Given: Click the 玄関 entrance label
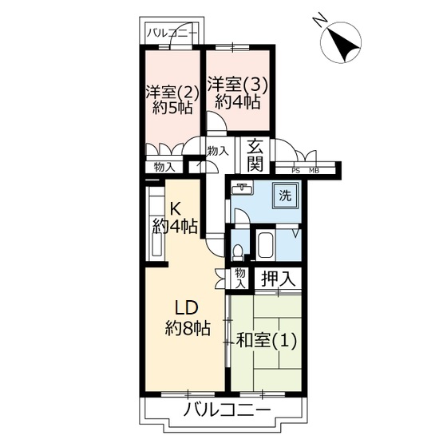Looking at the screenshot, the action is tap(255, 156).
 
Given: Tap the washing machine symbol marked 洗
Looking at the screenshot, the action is tap(286, 196).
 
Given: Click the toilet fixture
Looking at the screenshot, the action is tap(238, 253).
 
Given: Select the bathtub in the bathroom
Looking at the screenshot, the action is tap(265, 245).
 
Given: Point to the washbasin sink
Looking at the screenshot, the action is tap(242, 188).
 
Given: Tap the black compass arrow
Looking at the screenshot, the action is tap(345, 45).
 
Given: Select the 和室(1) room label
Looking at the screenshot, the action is tap(267, 340).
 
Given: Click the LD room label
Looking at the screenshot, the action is tap(186, 308).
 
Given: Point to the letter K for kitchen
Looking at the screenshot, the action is tap(175, 210).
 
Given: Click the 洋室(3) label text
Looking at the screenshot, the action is tap(238, 85).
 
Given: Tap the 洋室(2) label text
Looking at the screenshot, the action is tap(172, 92).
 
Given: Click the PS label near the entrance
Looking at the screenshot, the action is tap(295, 171).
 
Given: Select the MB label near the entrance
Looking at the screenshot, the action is tap(314, 171).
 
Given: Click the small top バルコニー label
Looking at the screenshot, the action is tap(172, 34).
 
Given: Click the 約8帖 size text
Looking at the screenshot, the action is tap(188, 328).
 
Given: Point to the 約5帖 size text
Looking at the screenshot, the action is tap(172, 108).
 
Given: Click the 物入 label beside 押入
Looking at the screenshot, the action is tap(240, 278).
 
